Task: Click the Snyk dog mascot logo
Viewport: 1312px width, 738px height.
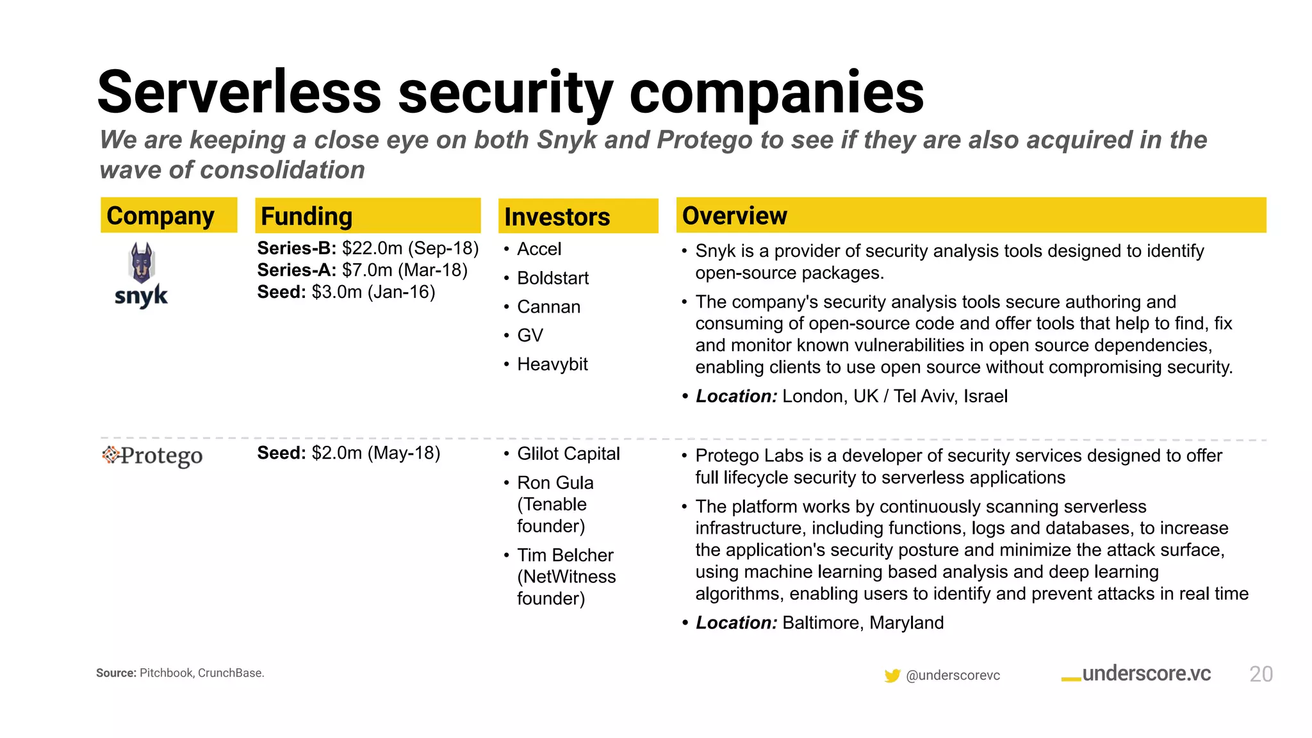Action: (x=142, y=263)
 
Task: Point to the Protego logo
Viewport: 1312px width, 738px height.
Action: (x=152, y=455)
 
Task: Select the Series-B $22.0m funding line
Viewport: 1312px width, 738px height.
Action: (x=368, y=248)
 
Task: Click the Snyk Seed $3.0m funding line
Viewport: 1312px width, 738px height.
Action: (x=346, y=292)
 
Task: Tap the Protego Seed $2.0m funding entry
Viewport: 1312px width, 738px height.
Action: (x=348, y=453)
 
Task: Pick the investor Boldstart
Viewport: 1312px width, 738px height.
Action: (x=552, y=278)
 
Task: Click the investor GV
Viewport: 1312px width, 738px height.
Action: (x=530, y=335)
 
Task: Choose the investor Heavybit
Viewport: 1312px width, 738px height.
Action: (x=552, y=364)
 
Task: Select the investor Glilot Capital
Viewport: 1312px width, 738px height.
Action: (x=568, y=454)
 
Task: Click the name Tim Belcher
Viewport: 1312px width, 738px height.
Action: (x=565, y=555)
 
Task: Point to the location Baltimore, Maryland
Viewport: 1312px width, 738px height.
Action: (x=862, y=623)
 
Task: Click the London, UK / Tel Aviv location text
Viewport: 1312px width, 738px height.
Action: (x=894, y=396)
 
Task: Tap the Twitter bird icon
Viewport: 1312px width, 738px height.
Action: (x=892, y=675)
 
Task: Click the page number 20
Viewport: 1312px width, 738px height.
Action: (x=1261, y=674)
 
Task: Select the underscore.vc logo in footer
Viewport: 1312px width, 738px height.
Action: (x=1136, y=674)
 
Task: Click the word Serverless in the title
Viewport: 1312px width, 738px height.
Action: (x=239, y=93)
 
